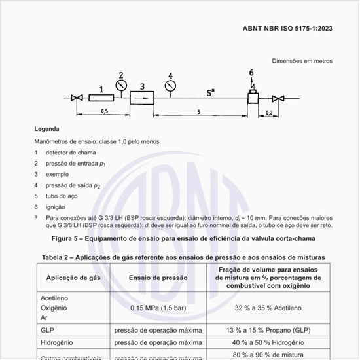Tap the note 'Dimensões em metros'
point(302,61)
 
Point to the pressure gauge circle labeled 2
point(120,86)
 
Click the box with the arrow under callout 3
point(142,98)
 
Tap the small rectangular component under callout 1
point(101,98)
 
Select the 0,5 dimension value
point(104,112)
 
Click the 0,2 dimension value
point(270,113)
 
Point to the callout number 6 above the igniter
point(251,72)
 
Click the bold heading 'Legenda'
point(47,129)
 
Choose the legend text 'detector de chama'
point(66,153)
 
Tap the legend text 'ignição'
point(56,206)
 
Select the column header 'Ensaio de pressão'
point(158,278)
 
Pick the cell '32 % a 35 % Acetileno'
point(269,307)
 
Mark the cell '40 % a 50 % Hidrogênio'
point(269,342)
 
